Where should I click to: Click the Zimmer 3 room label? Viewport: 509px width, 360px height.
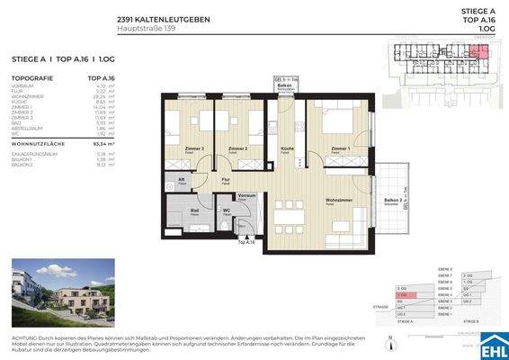193,148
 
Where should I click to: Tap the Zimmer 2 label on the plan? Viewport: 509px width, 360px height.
238,148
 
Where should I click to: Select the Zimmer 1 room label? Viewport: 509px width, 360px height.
339,148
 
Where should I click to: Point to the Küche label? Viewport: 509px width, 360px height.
287,148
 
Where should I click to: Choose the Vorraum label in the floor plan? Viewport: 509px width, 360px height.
246,195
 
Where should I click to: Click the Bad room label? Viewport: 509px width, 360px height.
194,211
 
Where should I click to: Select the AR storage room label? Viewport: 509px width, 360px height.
181,178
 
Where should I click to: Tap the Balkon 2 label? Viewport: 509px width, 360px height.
391,200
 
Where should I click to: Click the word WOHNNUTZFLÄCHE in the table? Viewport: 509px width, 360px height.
38,142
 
